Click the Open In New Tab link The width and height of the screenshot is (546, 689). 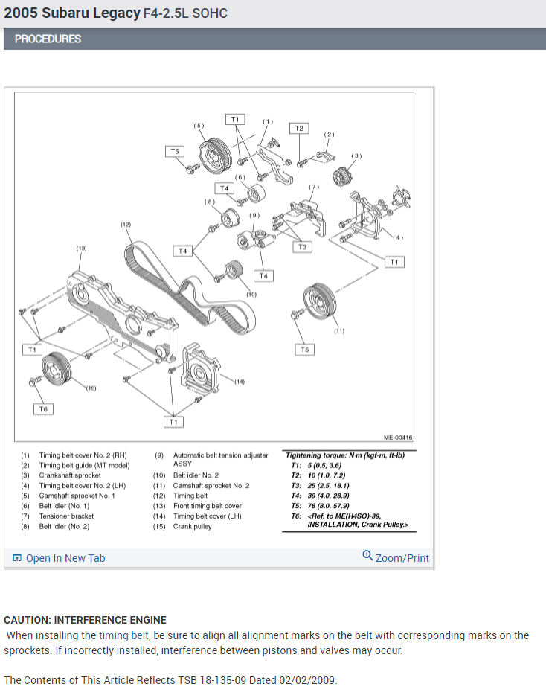(60, 558)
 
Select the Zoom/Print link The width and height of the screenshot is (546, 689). (396, 557)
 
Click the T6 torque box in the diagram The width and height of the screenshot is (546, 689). (43, 408)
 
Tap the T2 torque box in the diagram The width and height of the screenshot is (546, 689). (299, 129)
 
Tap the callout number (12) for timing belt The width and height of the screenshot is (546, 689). (126, 224)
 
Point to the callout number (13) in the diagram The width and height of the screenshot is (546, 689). (81, 248)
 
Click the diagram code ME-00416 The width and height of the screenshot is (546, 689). (398, 438)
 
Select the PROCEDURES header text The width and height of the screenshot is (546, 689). (48, 39)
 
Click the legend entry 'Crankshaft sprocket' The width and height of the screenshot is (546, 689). (70, 475)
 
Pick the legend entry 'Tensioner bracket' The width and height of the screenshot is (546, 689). (66, 516)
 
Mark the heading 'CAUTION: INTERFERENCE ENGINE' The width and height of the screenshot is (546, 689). (85, 620)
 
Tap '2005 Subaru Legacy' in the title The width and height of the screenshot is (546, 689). (71, 13)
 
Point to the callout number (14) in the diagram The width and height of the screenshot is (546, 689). (239, 382)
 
